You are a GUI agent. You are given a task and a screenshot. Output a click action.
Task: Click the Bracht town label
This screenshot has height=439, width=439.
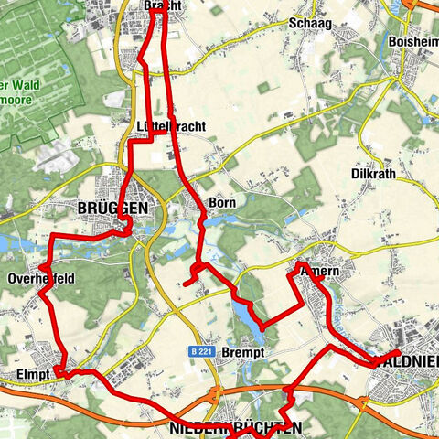[163, 6]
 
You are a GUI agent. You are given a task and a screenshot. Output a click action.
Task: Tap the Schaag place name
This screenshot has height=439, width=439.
[305, 24]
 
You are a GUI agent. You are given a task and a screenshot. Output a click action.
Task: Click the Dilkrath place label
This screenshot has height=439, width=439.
[374, 173]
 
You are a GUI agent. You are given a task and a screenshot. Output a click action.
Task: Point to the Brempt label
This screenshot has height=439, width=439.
[242, 353]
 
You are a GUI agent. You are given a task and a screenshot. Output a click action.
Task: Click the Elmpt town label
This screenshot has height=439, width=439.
[31, 374]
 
